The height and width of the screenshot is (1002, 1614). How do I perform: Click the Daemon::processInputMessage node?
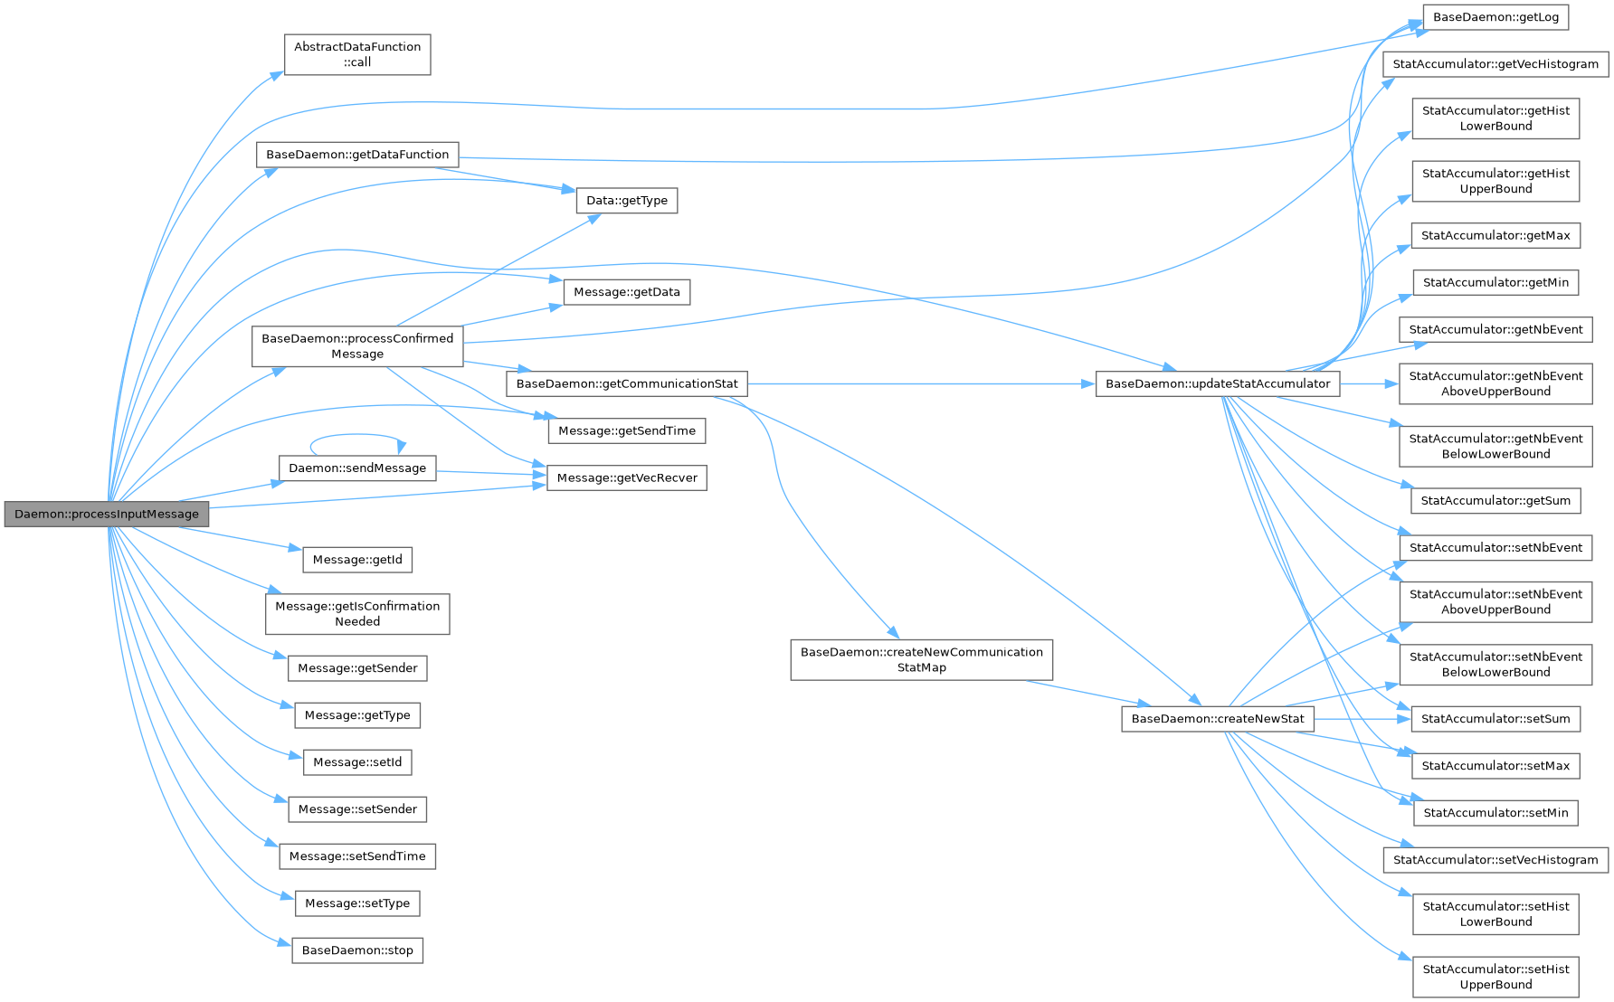click(107, 514)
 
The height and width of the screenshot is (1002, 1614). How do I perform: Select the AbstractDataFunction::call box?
click(357, 54)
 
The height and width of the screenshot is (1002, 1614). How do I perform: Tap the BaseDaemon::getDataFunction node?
click(357, 155)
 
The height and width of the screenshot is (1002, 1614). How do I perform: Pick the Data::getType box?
click(626, 201)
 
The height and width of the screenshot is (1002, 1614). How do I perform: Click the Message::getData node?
click(626, 292)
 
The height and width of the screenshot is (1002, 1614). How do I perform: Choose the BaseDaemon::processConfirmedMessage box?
click(357, 346)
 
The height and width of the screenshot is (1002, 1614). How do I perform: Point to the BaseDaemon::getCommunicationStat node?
click(627, 383)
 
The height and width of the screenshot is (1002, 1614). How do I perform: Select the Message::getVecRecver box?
click(627, 477)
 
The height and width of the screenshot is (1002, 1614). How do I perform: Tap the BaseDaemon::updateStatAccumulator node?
click(1218, 383)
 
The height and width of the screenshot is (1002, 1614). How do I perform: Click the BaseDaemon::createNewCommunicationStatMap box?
click(921, 659)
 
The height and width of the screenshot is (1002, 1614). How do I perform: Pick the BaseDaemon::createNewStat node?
click(1218, 719)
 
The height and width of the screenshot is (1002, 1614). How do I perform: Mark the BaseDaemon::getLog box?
click(1495, 17)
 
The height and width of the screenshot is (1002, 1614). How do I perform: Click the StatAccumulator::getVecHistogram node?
click(1495, 64)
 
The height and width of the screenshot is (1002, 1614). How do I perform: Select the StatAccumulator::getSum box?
click(1495, 501)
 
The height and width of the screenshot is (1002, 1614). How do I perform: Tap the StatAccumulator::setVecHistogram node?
click(1495, 860)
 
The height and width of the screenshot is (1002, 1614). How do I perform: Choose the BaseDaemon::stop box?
click(357, 950)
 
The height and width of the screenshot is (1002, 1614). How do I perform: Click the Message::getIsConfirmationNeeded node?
click(357, 614)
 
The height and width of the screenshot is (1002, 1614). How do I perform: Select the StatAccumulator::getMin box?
click(1495, 282)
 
